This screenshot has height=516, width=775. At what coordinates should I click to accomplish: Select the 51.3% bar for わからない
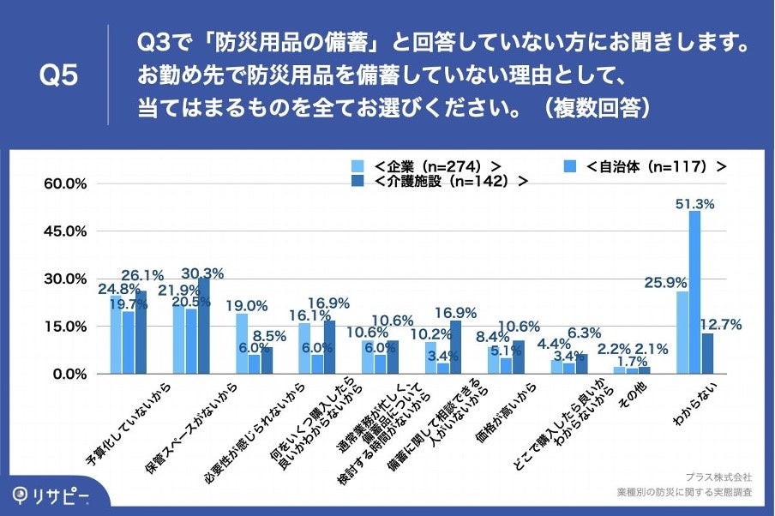point(694,291)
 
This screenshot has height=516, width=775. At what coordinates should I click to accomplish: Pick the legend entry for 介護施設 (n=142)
point(439,181)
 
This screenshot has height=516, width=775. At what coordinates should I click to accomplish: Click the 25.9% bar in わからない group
point(682,333)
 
